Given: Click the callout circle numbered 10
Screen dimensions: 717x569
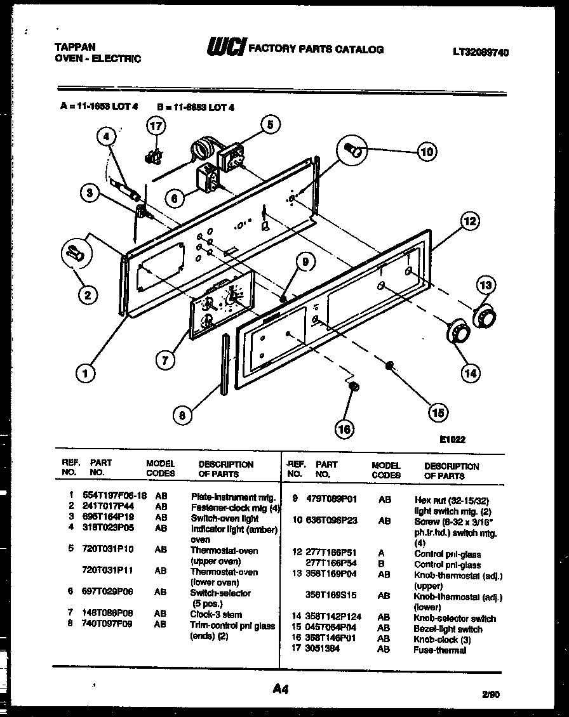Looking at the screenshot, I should tap(426, 151).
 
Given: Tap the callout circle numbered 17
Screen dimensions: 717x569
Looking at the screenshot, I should tap(156, 126).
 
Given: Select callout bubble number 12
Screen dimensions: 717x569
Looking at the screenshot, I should tap(469, 221).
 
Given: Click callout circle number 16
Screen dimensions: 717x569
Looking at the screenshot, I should tap(344, 430).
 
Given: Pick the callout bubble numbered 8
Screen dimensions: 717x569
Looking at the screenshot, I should tap(182, 416).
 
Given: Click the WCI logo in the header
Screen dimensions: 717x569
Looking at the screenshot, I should tap(225, 48).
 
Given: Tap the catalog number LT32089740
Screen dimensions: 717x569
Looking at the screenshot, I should tap(480, 52).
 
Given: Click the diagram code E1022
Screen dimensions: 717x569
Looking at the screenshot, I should tap(452, 438).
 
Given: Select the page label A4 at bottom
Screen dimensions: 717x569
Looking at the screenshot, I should tap(281, 688).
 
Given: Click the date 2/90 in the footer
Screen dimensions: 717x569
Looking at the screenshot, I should tap(490, 694).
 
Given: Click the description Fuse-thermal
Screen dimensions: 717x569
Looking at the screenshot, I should tap(439, 650).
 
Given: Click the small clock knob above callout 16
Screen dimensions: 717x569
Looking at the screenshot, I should tap(355, 386).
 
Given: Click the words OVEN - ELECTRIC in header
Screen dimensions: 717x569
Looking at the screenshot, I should tap(97, 59).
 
